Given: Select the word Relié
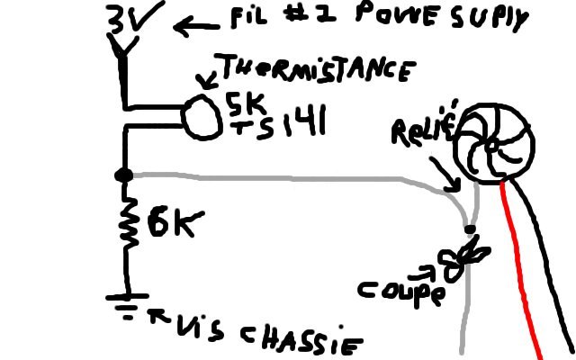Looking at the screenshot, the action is tap(423, 130).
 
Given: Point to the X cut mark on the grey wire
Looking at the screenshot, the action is tap(465, 256).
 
